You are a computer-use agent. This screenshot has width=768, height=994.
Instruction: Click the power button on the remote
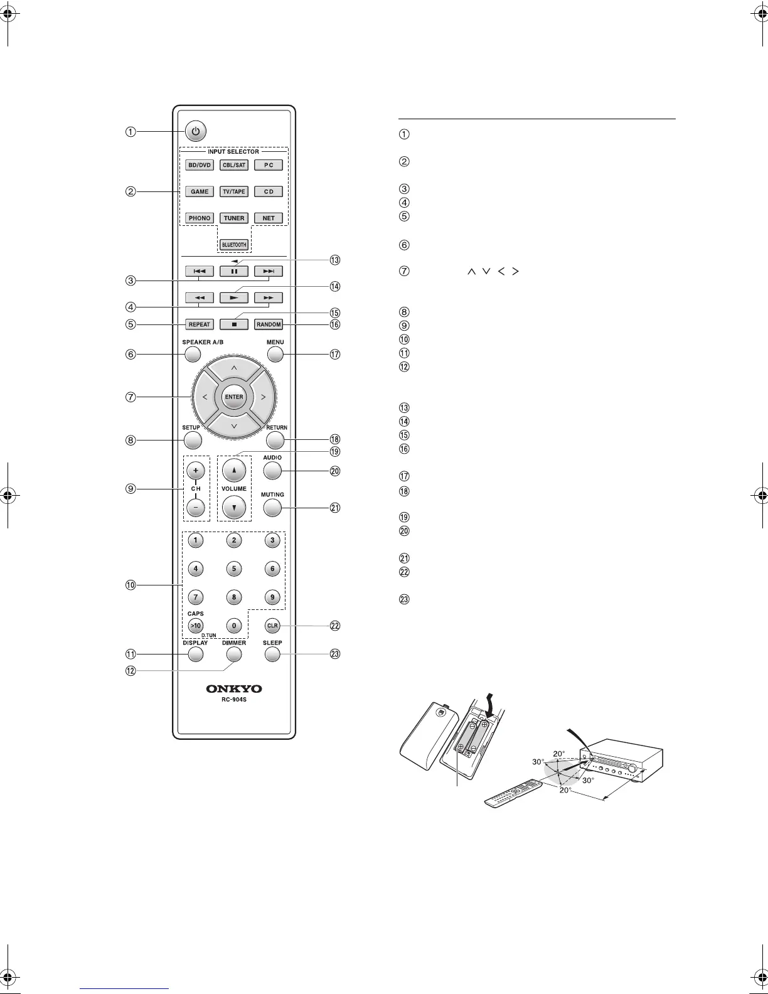pyautogui.click(x=196, y=132)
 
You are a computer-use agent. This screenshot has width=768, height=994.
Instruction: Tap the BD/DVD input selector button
pyautogui.click(x=200, y=165)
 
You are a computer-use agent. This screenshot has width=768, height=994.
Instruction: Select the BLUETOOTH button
pyautogui.click(x=234, y=245)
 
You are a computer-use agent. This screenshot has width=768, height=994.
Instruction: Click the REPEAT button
pyautogui.click(x=200, y=324)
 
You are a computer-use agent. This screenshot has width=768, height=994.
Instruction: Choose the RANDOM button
pyautogui.click(x=269, y=324)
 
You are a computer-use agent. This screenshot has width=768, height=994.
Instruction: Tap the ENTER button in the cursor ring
pyautogui.click(x=234, y=397)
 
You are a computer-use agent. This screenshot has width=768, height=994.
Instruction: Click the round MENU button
pyautogui.click(x=274, y=355)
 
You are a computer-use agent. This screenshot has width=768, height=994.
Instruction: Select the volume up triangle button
pyautogui.click(x=234, y=470)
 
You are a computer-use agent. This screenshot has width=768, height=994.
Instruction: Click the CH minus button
pyautogui.click(x=196, y=507)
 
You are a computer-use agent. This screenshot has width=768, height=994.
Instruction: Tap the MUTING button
pyautogui.click(x=272, y=507)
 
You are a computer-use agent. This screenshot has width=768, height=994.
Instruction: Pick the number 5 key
pyautogui.click(x=234, y=569)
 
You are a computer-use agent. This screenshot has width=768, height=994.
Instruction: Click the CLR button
pyautogui.click(x=272, y=626)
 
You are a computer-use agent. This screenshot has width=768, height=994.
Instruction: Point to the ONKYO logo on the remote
pyautogui.click(x=234, y=688)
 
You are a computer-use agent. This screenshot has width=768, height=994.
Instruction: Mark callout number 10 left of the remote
pyautogui.click(x=131, y=585)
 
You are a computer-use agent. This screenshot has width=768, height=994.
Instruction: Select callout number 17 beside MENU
pyautogui.click(x=335, y=355)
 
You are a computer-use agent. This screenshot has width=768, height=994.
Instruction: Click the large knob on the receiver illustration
pyautogui.click(x=632, y=770)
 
